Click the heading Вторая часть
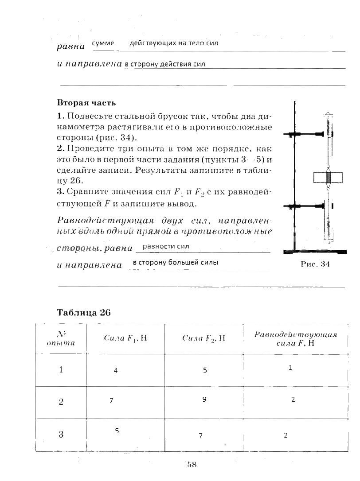point(86,103)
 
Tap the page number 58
point(192,464)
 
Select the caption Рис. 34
point(315,264)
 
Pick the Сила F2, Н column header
point(203,339)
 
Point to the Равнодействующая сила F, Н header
point(295,339)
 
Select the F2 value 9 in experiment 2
point(204,400)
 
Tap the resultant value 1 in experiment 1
point(290,368)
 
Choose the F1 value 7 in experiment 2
point(111,400)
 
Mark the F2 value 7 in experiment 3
point(200,436)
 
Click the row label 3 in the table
point(61,434)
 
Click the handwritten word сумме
point(103,43)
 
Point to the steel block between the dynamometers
point(328,178)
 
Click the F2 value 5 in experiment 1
point(205,370)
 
